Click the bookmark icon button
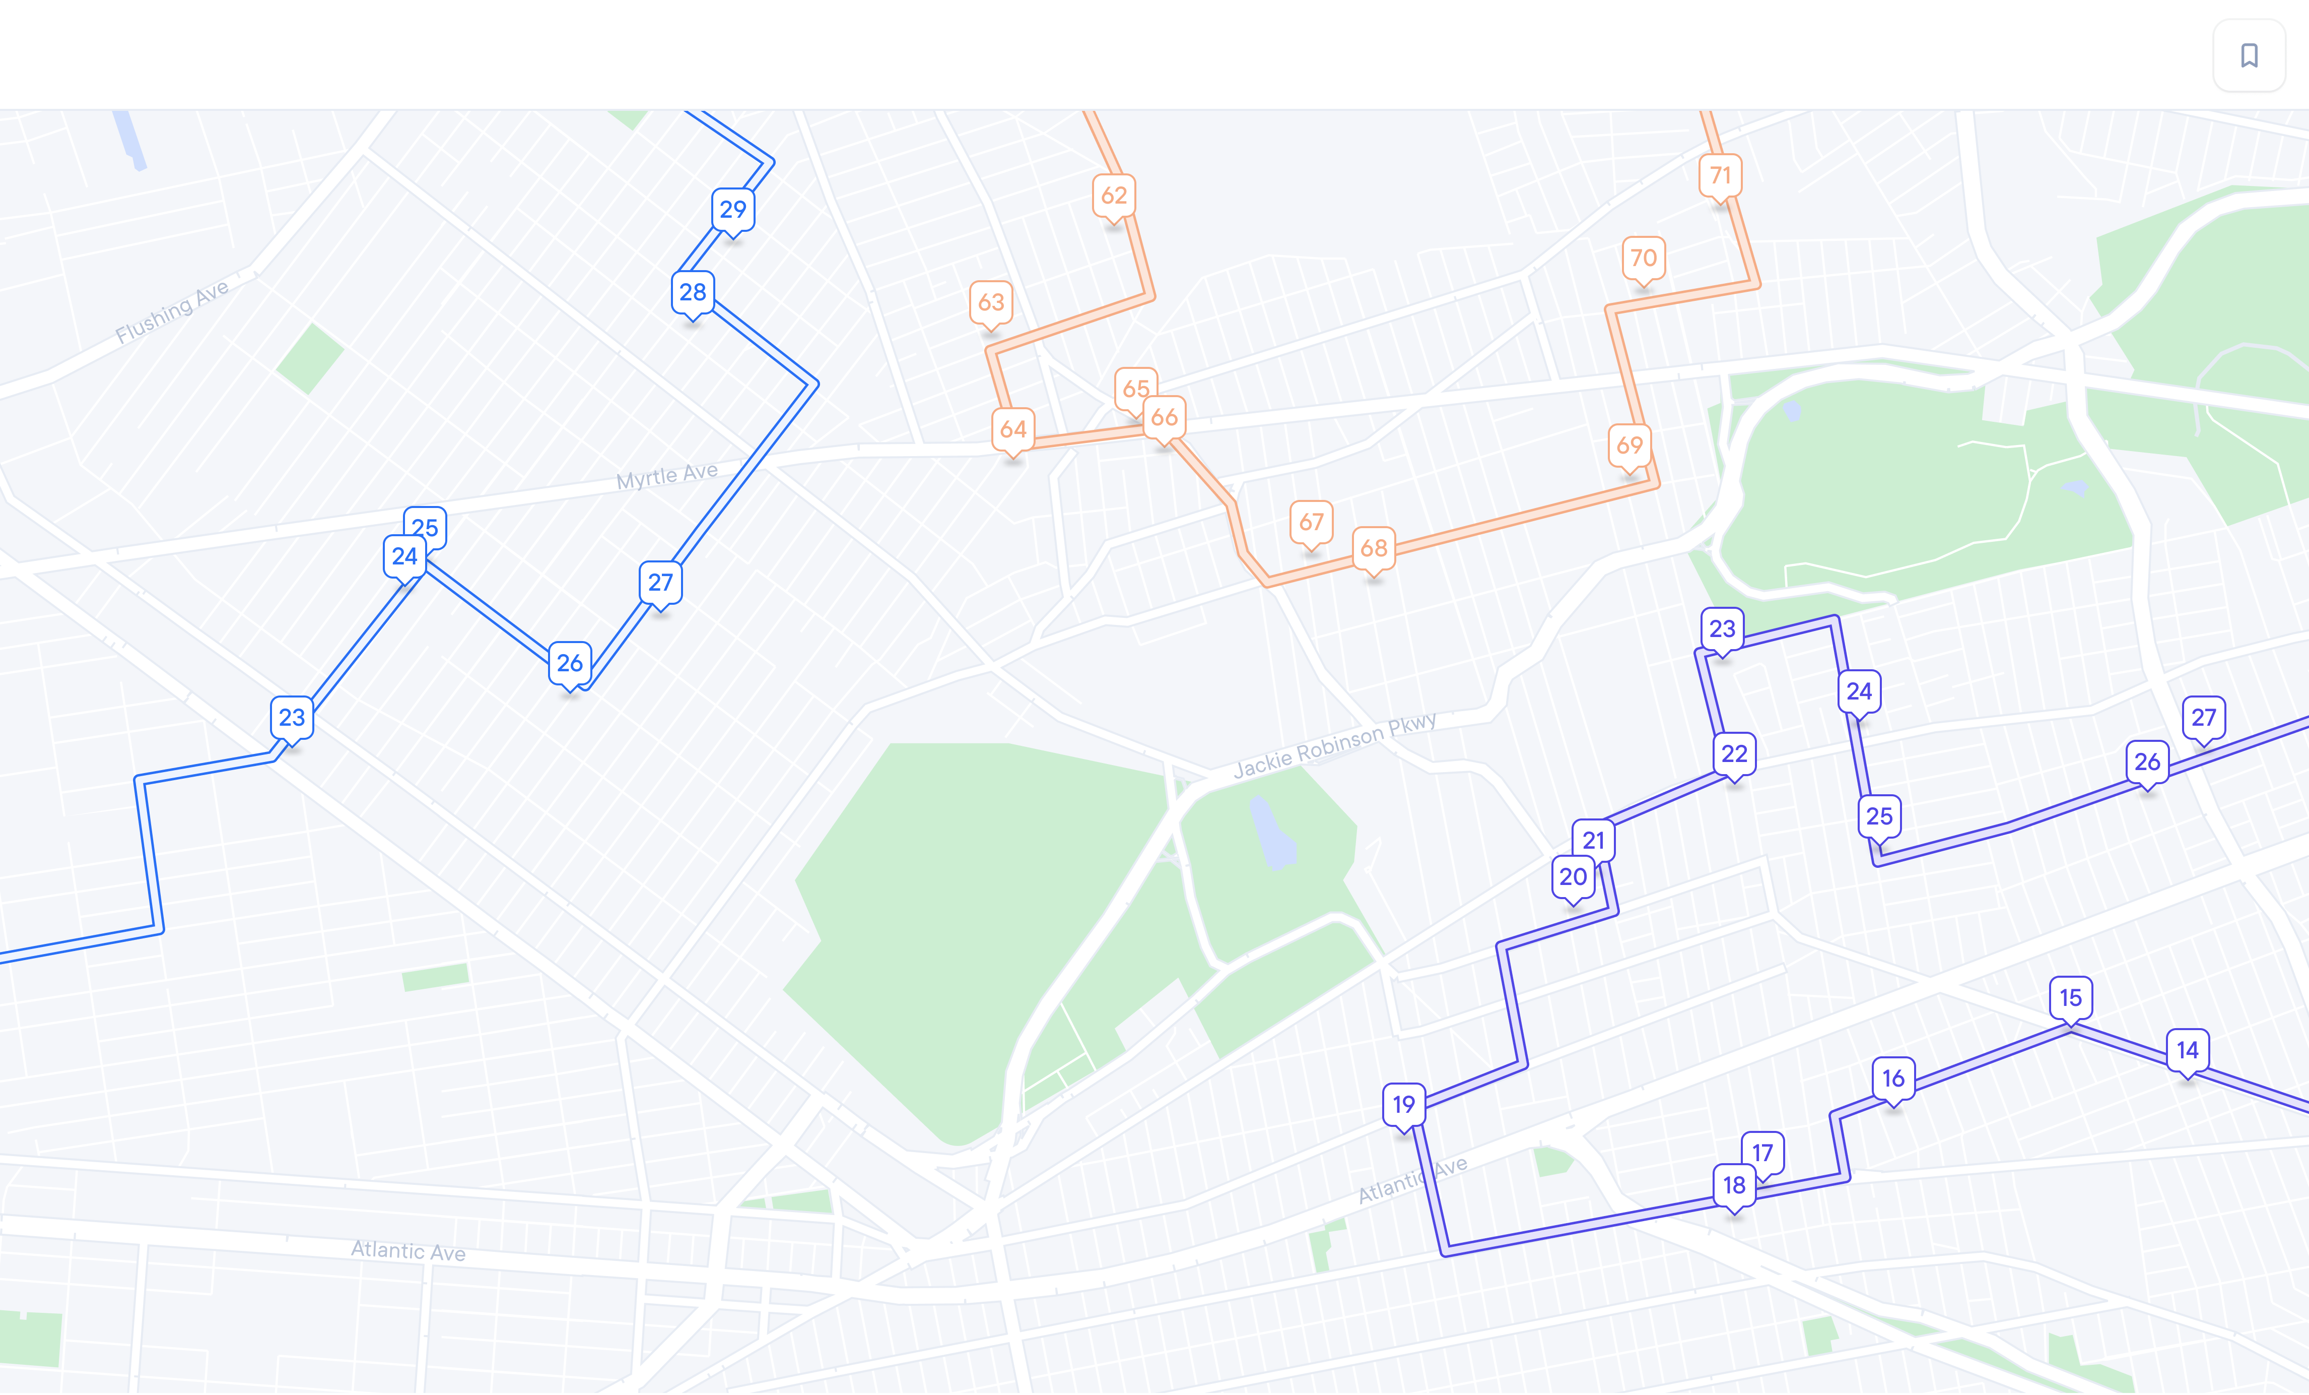[x=2249, y=55]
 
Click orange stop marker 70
[x=1643, y=258]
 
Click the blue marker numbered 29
[x=733, y=209]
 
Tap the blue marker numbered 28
[x=693, y=292]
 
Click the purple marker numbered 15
[x=2070, y=997]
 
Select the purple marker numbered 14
[x=2187, y=1050]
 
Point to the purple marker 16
[x=1893, y=1078]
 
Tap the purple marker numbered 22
[x=1734, y=754]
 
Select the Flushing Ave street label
[x=172, y=312]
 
